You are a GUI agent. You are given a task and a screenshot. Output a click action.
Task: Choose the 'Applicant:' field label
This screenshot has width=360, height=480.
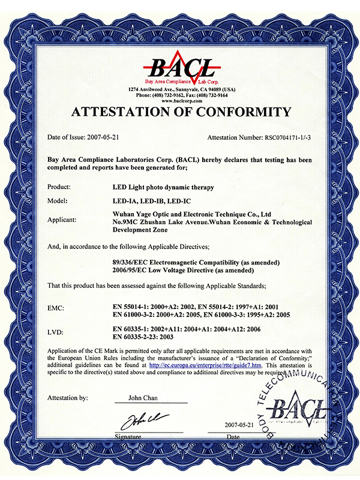(62, 220)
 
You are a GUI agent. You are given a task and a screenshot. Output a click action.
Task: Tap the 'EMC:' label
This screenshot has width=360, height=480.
(56, 308)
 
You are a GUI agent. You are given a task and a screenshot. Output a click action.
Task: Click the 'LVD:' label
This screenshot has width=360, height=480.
(56, 331)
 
